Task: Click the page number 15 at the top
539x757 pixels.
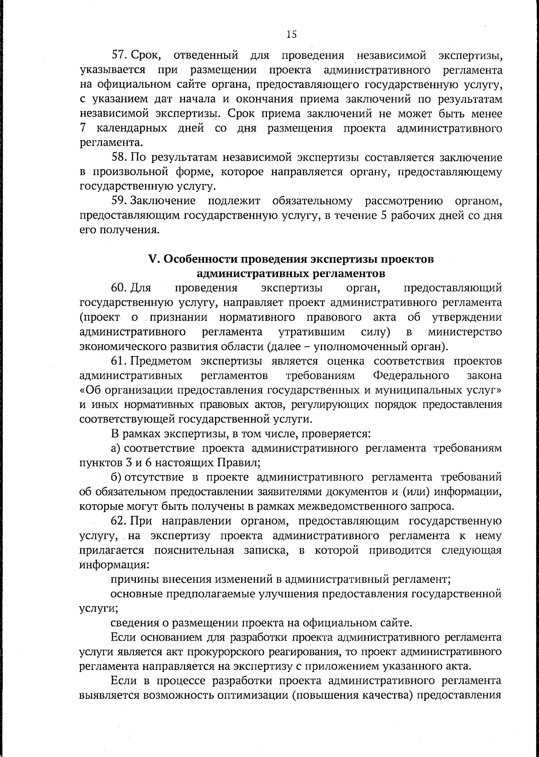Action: coord(292,34)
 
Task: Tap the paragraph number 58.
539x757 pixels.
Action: coord(120,158)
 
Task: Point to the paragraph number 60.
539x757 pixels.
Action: coord(120,288)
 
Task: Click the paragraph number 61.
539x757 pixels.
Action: coord(120,361)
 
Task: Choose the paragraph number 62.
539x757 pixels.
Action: coord(120,521)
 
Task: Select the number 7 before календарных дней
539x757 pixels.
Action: coord(83,128)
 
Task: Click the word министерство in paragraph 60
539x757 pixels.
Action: coord(465,332)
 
